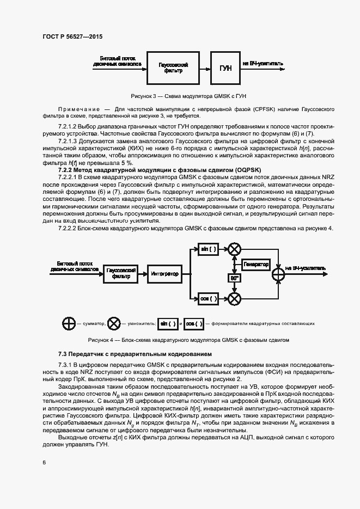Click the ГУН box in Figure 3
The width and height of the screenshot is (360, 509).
pos(225,68)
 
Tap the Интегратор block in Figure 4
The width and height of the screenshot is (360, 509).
pos(165,274)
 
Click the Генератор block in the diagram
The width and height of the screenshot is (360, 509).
pos(256,264)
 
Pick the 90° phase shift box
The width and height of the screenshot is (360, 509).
pos(234,278)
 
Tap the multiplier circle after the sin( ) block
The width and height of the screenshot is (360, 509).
pos(235,249)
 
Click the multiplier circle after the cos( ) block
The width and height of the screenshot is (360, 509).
pos(235,298)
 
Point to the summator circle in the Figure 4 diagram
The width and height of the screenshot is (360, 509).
pos(278,273)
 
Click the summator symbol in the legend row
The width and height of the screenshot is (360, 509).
pos(69,323)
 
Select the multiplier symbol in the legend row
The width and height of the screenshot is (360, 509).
pos(114,323)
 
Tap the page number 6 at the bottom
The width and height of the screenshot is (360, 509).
pos(44,462)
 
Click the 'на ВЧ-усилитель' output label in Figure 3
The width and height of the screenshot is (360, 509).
pos(263,63)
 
